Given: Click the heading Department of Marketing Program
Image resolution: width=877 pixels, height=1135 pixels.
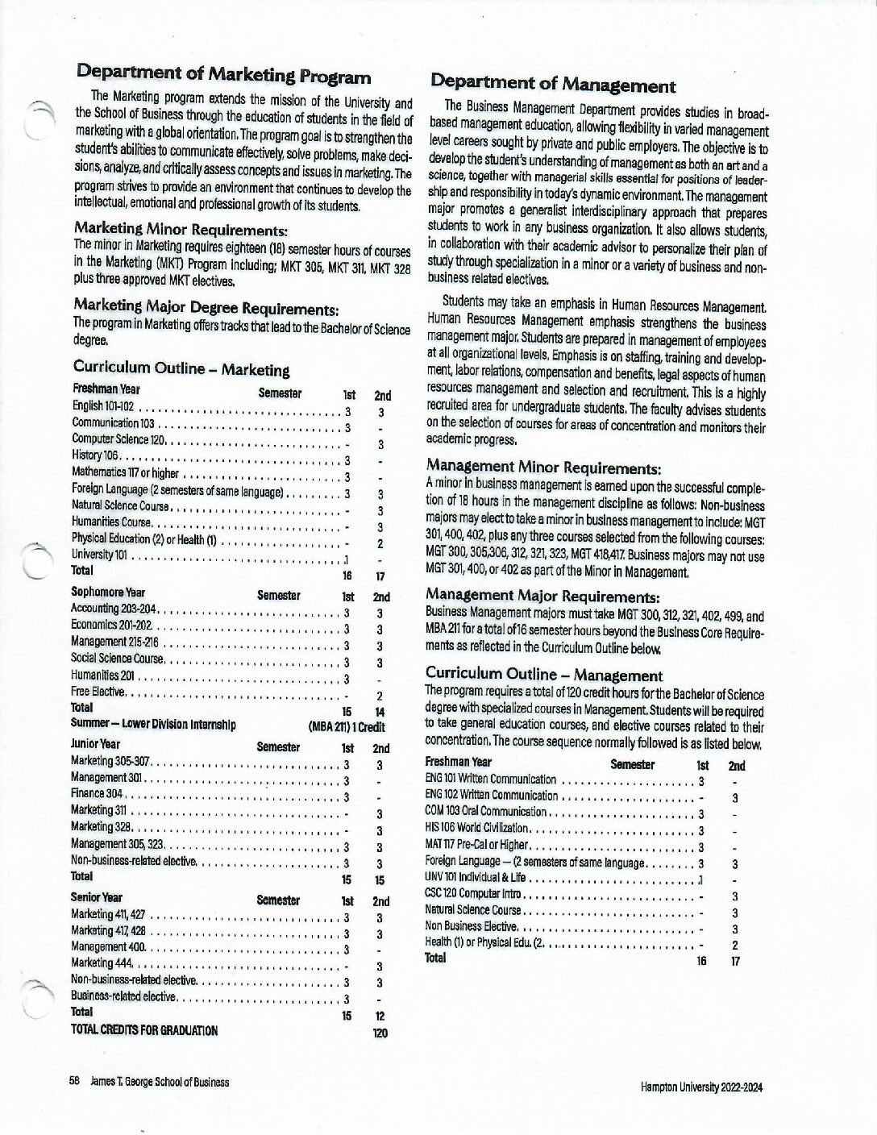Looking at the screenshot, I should [x=223, y=76].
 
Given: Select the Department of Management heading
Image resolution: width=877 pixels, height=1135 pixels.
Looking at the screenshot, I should [x=553, y=84].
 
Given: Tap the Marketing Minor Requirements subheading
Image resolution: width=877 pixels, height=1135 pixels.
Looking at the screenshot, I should [x=180, y=229].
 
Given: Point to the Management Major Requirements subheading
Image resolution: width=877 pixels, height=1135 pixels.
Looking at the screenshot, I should [x=542, y=597].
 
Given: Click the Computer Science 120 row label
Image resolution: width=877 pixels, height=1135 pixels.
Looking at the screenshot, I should [x=119, y=439].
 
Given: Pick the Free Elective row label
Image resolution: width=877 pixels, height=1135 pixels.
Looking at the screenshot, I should [x=98, y=692].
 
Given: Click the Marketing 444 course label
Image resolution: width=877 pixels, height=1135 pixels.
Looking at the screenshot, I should [x=102, y=963].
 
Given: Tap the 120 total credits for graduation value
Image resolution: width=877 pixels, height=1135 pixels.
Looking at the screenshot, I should [x=380, y=1032].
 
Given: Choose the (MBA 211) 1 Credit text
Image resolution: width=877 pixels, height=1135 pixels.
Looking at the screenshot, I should [x=347, y=726].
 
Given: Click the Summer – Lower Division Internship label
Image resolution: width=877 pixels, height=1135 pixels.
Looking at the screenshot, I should [x=153, y=724].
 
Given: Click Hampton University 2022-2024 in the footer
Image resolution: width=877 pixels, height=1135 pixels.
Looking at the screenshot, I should [x=701, y=1087].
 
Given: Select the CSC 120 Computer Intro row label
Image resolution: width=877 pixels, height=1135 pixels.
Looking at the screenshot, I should [x=475, y=894].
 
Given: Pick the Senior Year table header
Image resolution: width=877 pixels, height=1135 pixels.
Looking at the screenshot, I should [x=97, y=897].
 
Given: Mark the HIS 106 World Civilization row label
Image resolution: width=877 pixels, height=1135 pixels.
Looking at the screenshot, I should [x=476, y=828].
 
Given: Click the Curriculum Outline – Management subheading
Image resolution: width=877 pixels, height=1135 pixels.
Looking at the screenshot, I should [x=543, y=675].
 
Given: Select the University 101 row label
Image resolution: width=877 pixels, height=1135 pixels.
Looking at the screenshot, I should [x=99, y=555].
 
